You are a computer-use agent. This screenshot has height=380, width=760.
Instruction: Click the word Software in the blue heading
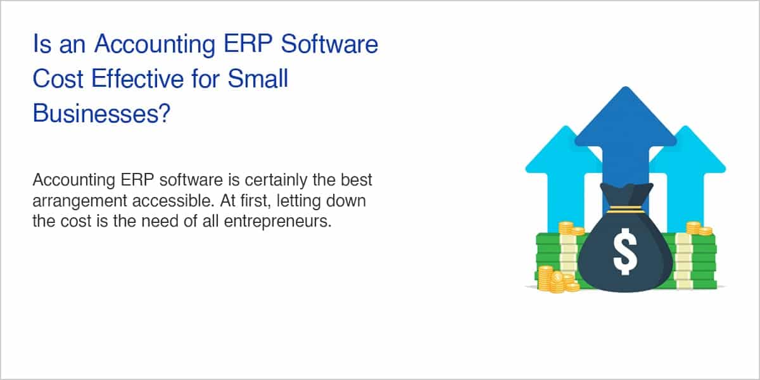[329, 44]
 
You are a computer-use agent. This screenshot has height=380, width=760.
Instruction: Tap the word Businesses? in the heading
[101, 113]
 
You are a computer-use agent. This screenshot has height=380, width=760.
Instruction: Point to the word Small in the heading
[258, 79]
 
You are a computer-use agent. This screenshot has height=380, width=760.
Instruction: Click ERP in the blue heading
[248, 44]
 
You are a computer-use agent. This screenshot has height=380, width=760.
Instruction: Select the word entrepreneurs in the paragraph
[277, 222]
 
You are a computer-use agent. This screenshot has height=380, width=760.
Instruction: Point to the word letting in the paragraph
[298, 201]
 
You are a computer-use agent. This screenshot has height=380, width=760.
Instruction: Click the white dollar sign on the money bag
[625, 251]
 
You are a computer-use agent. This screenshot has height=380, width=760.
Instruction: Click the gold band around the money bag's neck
[626, 210]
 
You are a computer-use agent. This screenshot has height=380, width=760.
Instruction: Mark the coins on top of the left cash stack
[571, 229]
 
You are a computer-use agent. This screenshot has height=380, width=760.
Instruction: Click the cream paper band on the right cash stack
[683, 261]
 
